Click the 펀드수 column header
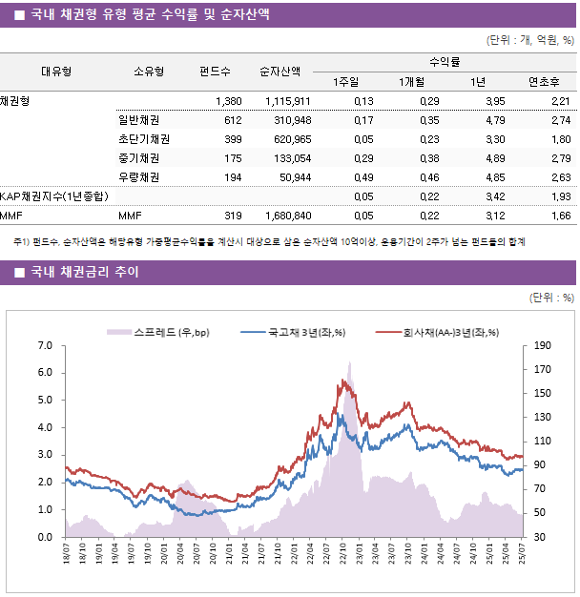pos(215,71)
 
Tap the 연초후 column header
pos(544,81)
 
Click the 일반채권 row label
pos(138,120)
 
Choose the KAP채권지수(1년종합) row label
pos(54,196)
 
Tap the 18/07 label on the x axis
pos(66,554)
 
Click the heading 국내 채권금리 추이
pos(84,273)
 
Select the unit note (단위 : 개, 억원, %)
pos(529,40)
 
